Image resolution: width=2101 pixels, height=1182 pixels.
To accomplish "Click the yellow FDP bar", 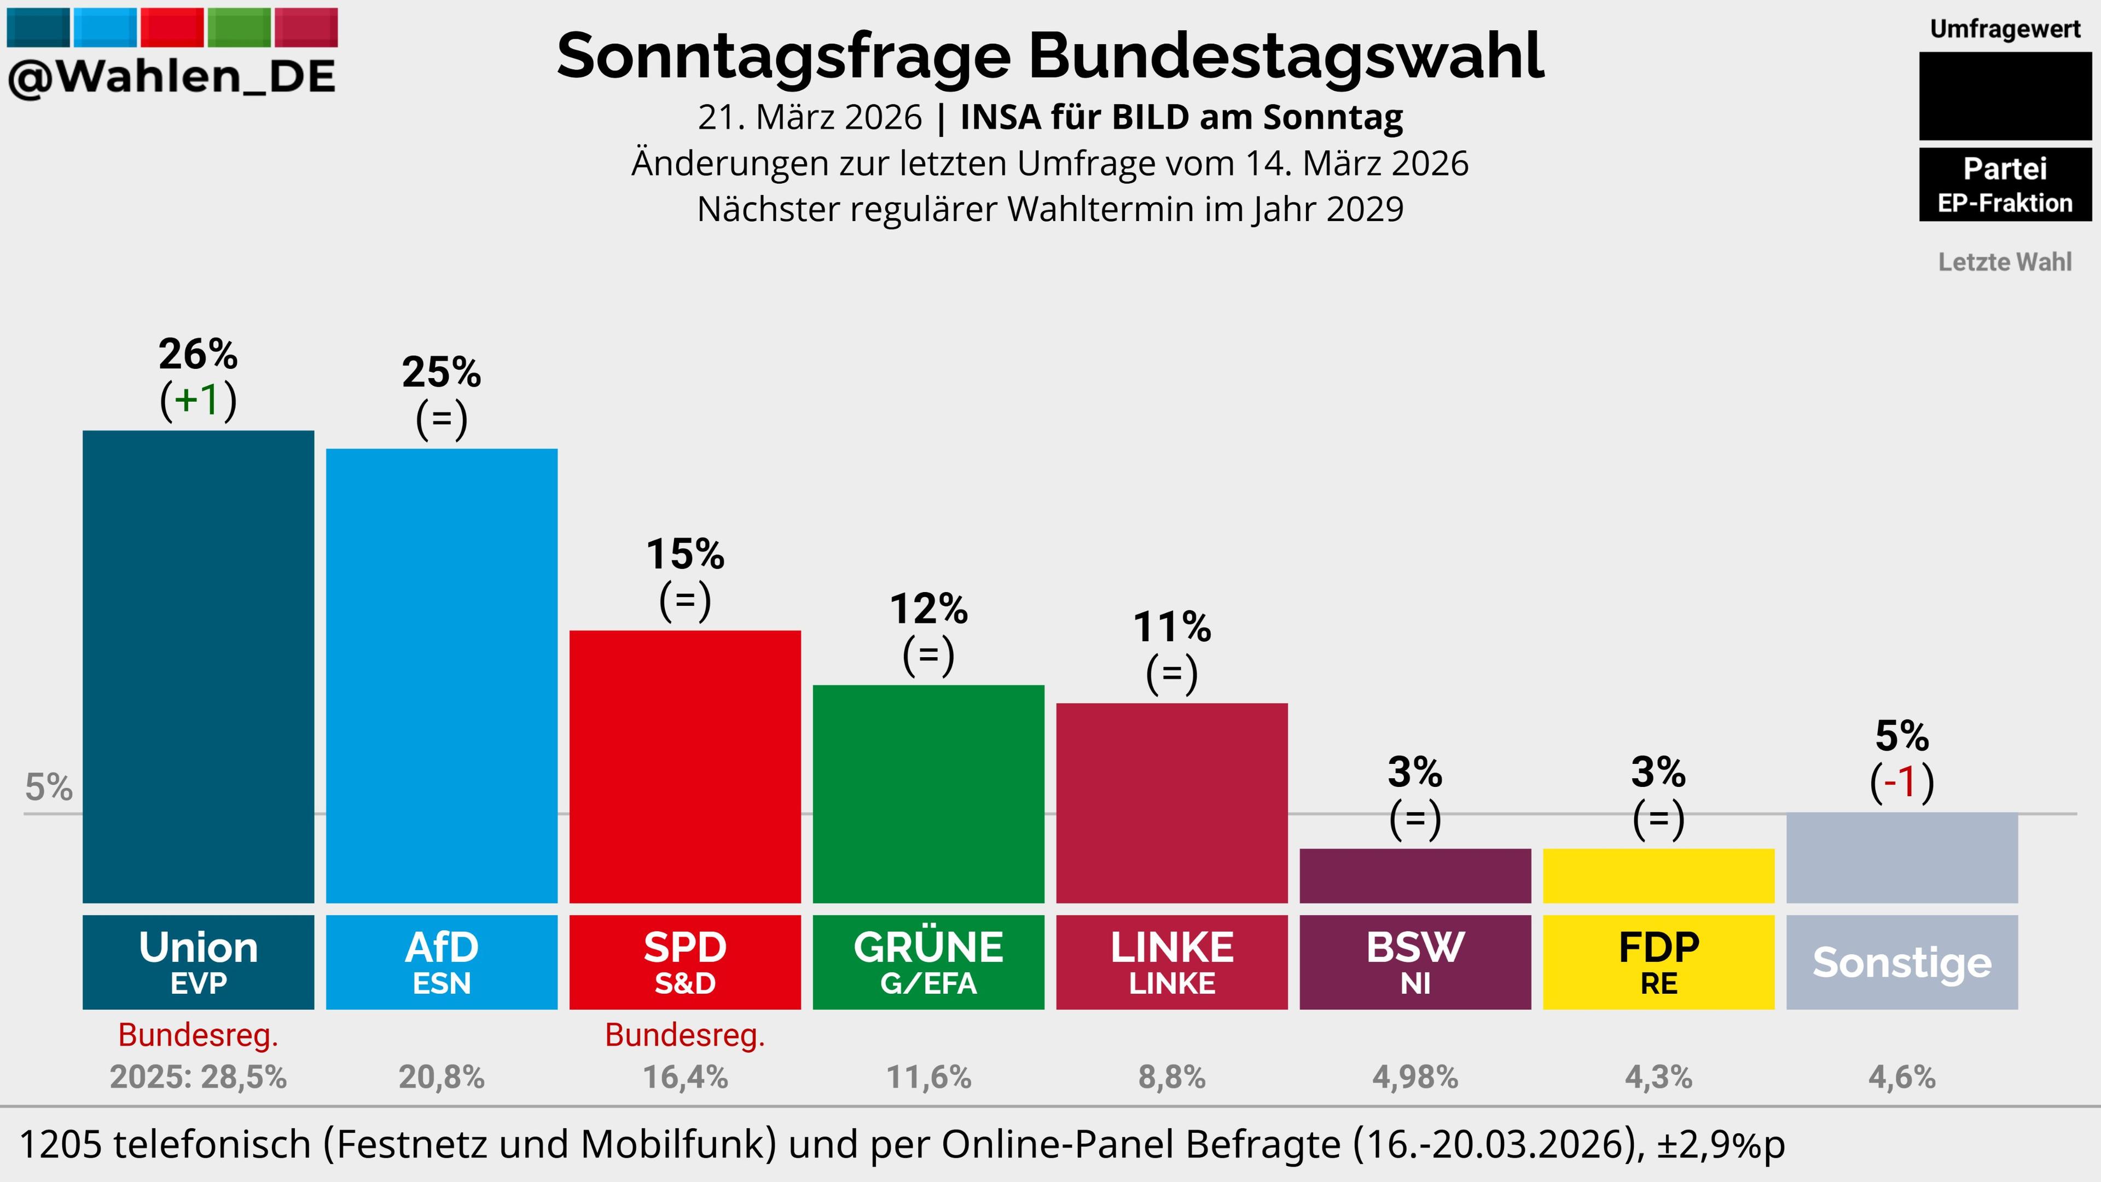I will point(1658,876).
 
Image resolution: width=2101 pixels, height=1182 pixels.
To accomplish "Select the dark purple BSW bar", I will point(1415,876).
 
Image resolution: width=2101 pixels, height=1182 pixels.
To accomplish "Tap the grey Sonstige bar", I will point(1902,858).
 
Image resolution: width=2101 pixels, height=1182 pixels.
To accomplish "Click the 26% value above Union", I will point(198,354).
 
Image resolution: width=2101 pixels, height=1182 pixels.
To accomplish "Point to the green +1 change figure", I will point(198,399).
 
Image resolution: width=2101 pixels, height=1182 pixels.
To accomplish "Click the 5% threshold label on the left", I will point(49,787).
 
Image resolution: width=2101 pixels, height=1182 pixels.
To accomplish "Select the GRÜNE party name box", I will point(928,962).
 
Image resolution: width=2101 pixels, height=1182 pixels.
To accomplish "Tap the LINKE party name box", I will point(1172,962).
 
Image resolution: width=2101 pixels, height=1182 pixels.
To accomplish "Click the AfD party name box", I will point(441,962).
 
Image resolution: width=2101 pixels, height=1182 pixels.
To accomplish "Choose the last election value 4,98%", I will point(1415,1077).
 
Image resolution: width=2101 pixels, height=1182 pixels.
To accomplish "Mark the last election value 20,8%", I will point(441,1077).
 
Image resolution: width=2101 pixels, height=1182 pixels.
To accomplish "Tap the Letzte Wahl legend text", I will point(2005,262).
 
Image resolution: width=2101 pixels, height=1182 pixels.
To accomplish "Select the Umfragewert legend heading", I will point(2005,30).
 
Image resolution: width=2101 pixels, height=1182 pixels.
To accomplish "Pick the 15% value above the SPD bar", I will point(685,555).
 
